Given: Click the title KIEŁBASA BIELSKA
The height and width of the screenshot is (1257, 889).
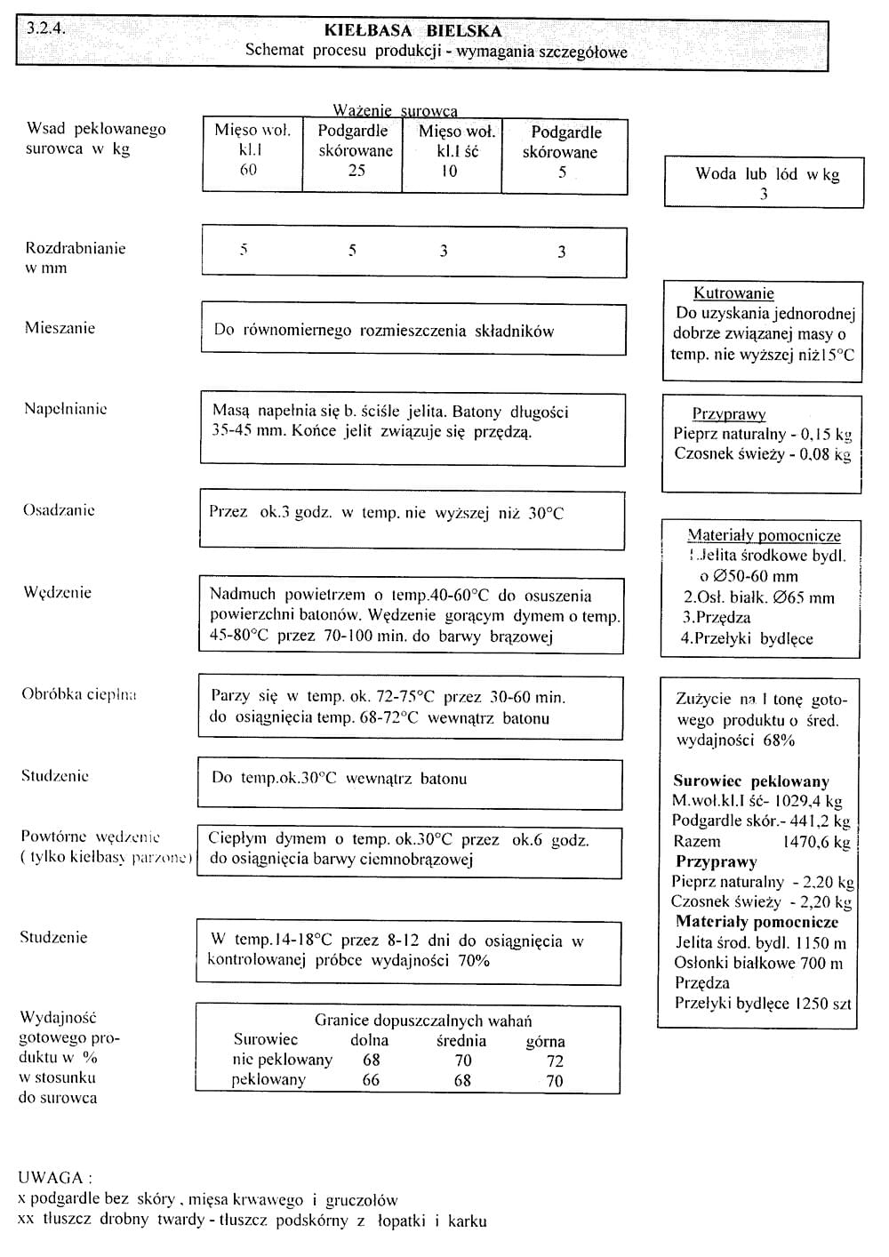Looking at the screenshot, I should point(412,31).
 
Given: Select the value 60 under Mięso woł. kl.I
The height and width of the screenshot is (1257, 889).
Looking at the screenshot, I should point(248,170).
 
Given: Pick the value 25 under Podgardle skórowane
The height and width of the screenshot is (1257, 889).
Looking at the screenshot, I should point(356,170).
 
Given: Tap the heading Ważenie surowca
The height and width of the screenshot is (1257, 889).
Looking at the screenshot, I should point(395,111).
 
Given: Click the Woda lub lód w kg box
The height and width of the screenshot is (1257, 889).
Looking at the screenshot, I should point(764,182).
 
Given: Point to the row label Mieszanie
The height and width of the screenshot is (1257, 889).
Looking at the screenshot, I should point(60,328).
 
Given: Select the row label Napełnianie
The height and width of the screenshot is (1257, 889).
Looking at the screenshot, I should point(65,409).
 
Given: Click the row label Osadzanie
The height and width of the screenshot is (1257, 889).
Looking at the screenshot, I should point(59,510).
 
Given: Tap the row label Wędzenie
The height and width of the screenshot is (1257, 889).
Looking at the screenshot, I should point(57,593).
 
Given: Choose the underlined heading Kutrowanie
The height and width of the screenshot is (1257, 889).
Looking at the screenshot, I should point(733,293).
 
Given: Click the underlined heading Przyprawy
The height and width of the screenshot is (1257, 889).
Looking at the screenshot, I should point(728,414).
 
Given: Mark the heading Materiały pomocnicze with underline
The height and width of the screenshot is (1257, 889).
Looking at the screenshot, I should point(764,535).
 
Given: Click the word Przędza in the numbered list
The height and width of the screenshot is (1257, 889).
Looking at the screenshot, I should point(723,618).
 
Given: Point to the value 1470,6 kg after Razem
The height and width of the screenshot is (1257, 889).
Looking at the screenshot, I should point(815,842).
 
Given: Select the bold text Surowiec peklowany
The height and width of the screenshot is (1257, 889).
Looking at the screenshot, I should point(750,781).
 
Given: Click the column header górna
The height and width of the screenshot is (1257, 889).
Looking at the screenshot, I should point(545,1041).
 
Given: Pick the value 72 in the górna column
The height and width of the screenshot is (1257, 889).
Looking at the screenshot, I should point(555,1061).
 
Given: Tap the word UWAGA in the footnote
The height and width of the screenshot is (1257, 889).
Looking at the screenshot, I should point(50,1178).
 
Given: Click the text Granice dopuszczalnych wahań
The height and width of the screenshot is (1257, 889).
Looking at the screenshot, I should point(423,1021).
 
